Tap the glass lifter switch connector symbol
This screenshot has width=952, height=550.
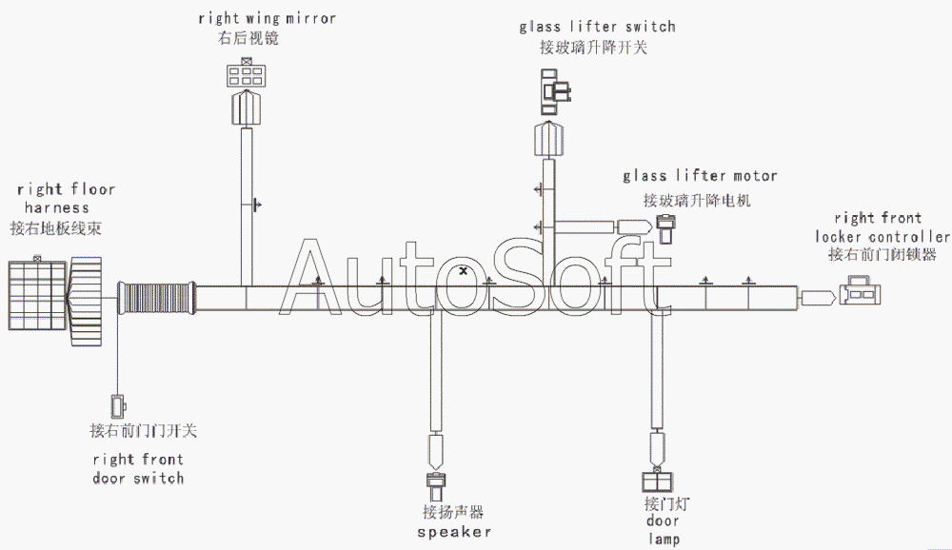tap(553, 88)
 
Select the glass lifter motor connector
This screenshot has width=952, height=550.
tap(667, 226)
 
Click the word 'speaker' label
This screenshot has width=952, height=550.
tap(454, 532)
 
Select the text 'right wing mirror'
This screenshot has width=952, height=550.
tap(267, 18)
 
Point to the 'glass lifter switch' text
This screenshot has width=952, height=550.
tap(597, 27)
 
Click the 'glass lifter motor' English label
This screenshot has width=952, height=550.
tap(700, 176)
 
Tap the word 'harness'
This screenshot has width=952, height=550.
tap(57, 207)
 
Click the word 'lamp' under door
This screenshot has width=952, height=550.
tap(664, 540)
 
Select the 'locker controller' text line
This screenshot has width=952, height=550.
tap(882, 236)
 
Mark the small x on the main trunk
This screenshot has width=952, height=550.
tap(463, 271)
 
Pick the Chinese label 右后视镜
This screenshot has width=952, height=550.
tap(248, 39)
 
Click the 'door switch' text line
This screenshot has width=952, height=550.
tap(138, 478)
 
